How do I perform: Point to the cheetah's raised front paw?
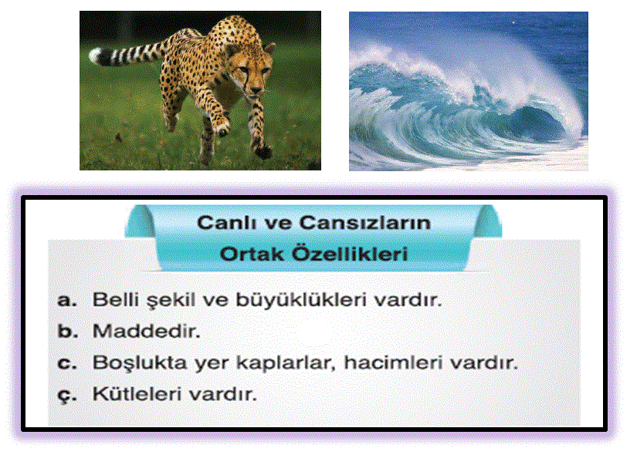pos(222,128)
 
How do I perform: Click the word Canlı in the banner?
pos(224,222)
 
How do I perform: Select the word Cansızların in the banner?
pos(365,222)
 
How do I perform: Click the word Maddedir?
pos(147,331)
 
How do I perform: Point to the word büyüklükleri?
pos(300,300)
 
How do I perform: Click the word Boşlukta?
pos(140,362)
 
